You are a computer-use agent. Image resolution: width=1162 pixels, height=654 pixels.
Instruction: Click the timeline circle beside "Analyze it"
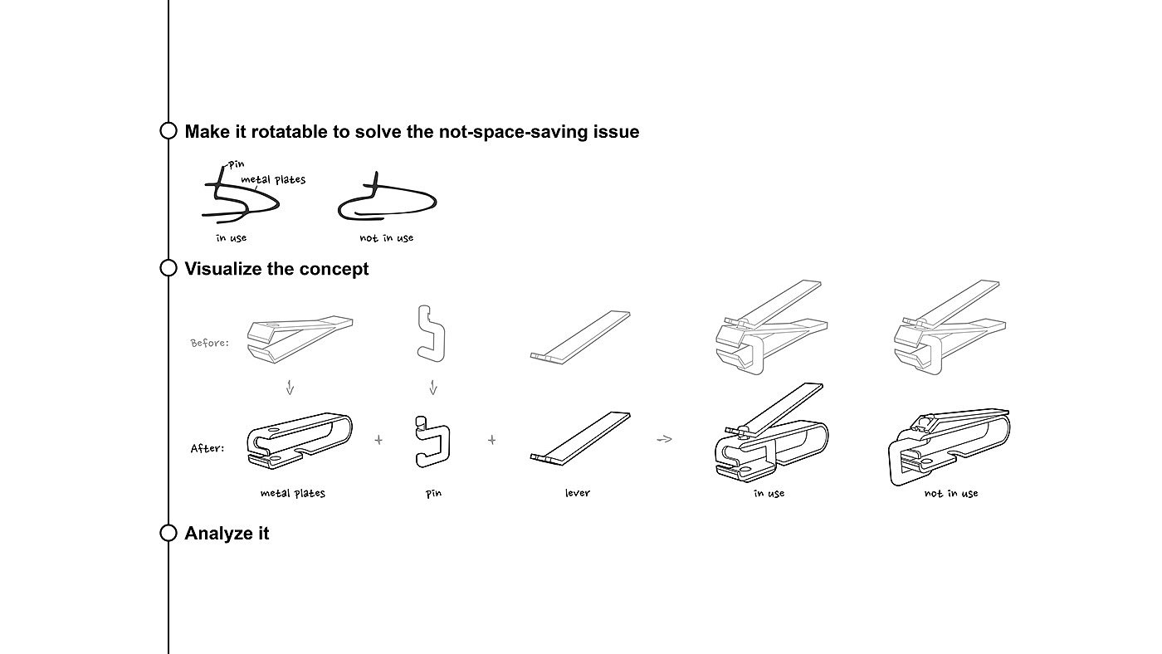click(168, 533)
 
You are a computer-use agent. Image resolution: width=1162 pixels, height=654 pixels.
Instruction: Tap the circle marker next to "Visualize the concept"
click(168, 268)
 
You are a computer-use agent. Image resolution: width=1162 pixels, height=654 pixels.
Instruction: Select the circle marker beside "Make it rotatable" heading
click(168, 131)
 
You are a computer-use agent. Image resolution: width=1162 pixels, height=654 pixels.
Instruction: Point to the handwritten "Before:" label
click(209, 342)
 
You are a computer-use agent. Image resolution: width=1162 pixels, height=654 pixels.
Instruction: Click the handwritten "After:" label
click(207, 448)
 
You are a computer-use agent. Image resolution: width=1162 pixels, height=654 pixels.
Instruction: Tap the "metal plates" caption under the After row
click(292, 493)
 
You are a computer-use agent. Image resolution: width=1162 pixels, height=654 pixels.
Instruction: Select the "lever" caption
click(577, 493)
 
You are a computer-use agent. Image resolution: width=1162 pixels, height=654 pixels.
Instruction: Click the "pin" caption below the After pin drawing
click(433, 493)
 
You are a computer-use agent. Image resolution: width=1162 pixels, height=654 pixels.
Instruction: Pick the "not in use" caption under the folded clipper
click(951, 493)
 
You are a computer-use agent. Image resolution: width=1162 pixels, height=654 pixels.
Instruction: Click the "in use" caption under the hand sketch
click(231, 238)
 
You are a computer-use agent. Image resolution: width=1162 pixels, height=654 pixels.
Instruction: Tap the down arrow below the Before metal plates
click(290, 388)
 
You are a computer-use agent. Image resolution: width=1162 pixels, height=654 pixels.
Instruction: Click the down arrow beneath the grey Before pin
click(432, 388)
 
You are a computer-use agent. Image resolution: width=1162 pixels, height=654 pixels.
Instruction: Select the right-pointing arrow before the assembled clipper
click(663, 439)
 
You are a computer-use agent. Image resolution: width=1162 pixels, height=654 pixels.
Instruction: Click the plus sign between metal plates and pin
click(378, 440)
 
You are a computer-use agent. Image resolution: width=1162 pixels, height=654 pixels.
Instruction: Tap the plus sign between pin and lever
click(491, 440)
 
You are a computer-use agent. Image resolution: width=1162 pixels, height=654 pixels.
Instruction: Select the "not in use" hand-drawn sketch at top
click(388, 200)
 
